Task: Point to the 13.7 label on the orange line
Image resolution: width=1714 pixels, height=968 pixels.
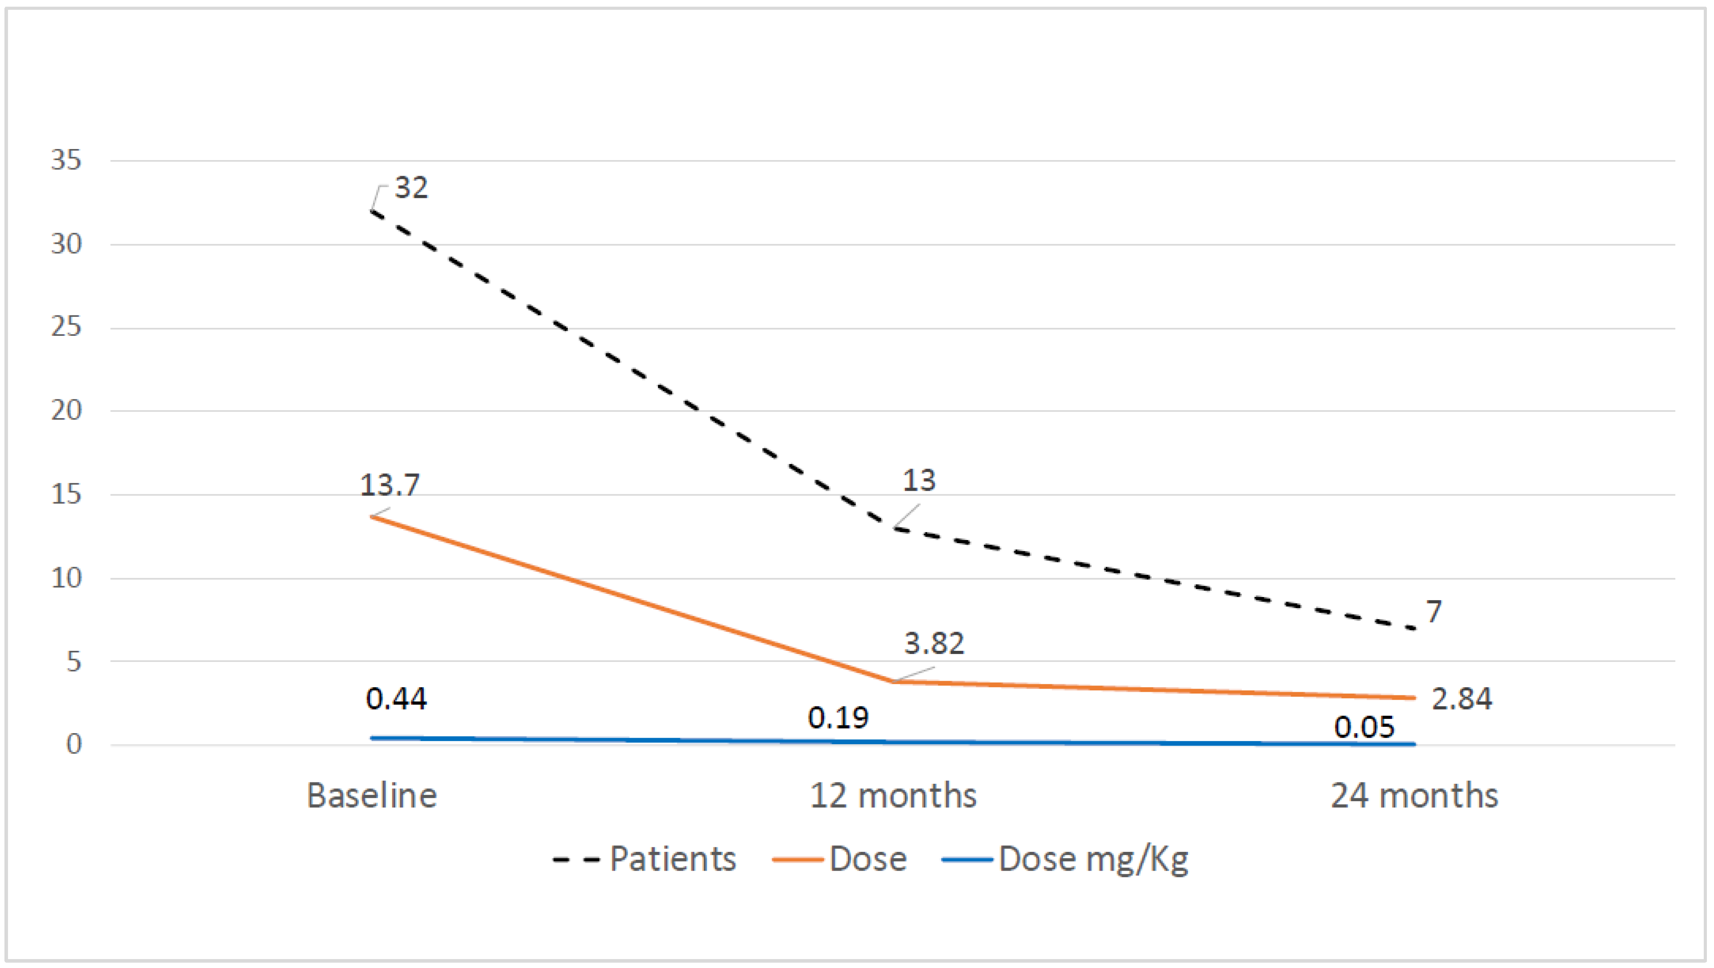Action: pyautogui.click(x=390, y=485)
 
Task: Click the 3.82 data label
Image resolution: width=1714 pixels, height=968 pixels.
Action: pyautogui.click(x=934, y=644)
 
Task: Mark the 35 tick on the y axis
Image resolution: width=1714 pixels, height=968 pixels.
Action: pyautogui.click(x=66, y=161)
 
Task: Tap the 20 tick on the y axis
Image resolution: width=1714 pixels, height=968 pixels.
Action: pyautogui.click(x=66, y=411)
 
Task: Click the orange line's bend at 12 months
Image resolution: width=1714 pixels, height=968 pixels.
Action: pyautogui.click(x=892, y=681)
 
